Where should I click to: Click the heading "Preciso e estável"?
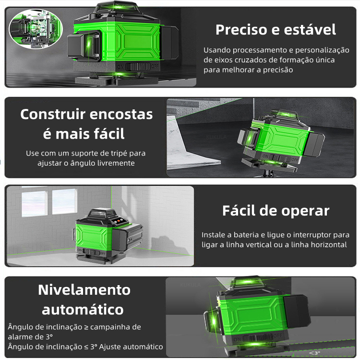(276, 30)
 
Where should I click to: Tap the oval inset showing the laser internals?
(36, 29)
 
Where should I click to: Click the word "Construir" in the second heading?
(53, 114)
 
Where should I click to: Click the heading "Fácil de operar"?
(276, 211)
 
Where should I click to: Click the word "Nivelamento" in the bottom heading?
(84, 290)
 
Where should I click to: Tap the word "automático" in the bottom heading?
(83, 310)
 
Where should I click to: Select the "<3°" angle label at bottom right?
(314, 353)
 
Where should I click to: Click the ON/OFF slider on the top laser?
(138, 67)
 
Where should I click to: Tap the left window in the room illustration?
(35, 204)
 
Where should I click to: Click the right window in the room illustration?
(64, 201)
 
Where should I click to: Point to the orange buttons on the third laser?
(117, 221)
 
